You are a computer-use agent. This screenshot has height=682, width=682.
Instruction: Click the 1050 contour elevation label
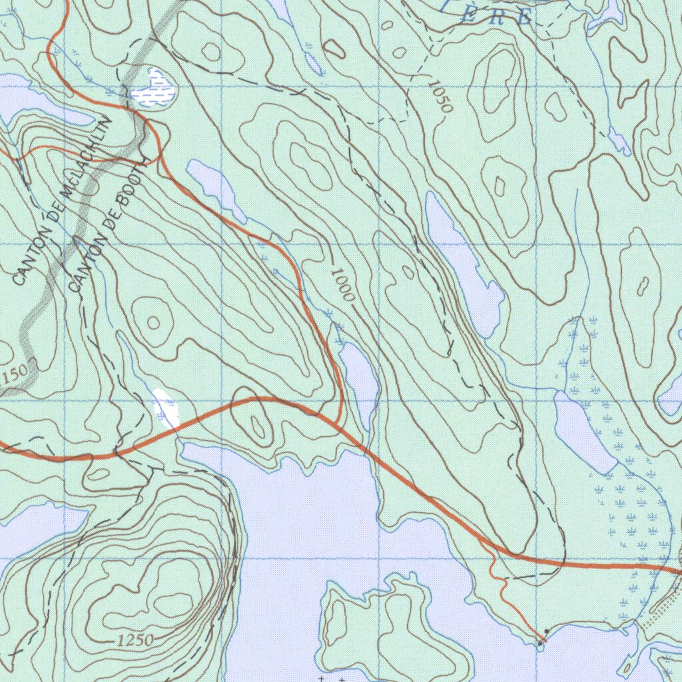click(x=441, y=96)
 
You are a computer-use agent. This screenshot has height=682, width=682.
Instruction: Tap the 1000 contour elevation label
click(x=342, y=285)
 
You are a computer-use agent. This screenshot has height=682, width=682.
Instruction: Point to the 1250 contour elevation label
click(x=135, y=641)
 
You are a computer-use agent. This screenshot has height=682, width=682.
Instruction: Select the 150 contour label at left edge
click(x=15, y=378)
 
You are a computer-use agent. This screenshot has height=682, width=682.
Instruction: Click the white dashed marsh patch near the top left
click(x=154, y=87)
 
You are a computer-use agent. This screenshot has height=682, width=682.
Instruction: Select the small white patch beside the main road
click(x=166, y=408)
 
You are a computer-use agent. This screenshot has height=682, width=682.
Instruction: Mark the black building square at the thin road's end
click(x=547, y=631)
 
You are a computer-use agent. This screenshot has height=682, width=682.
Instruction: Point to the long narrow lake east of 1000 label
click(x=463, y=263)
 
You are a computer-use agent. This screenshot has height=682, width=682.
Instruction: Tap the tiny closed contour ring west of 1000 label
click(x=153, y=323)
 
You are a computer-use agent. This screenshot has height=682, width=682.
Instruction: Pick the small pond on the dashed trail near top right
click(x=619, y=141)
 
